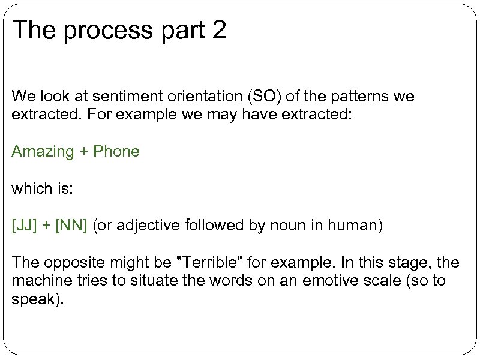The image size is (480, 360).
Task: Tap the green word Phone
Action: pos(117,151)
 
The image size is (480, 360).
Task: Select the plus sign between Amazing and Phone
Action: pos(84,152)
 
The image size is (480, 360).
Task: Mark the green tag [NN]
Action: pos(71,226)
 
